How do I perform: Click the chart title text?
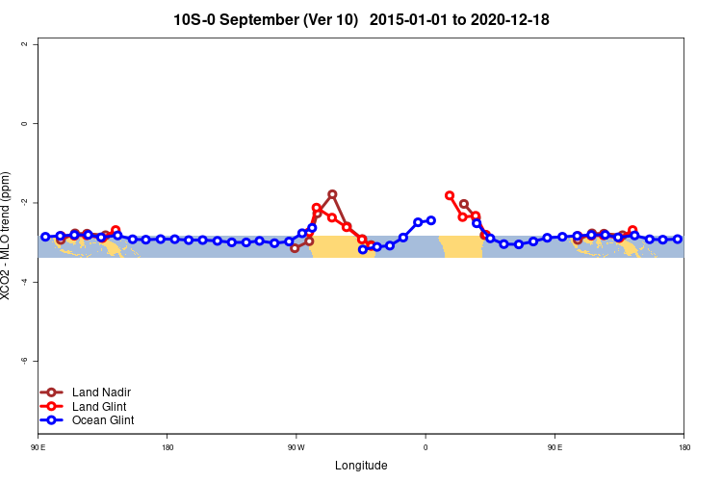click(x=361, y=19)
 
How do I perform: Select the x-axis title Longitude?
click(x=361, y=466)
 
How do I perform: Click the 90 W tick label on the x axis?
click(x=296, y=447)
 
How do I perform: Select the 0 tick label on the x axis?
click(x=425, y=447)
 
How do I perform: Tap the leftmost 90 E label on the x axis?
click(x=38, y=447)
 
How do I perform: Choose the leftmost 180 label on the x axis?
click(x=168, y=447)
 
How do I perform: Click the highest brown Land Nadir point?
click(x=332, y=194)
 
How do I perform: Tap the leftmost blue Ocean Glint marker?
click(x=45, y=237)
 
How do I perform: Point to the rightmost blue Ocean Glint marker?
click(x=678, y=239)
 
